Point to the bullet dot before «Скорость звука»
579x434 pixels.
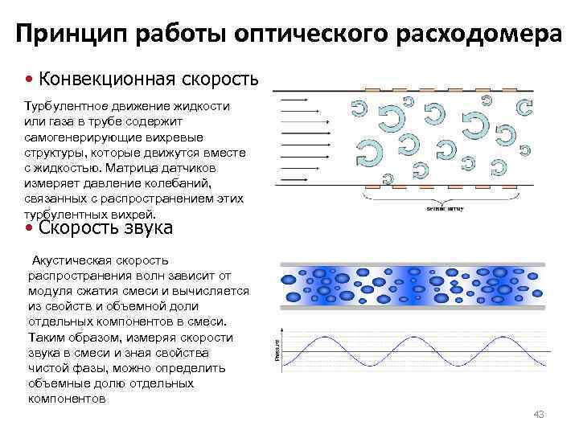(29, 227)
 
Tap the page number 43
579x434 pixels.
(539, 413)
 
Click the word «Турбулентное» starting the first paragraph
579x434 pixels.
(65, 106)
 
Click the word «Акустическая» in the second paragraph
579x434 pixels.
(69, 261)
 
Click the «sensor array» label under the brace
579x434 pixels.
(444, 208)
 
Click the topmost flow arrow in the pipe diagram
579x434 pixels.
(295, 100)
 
